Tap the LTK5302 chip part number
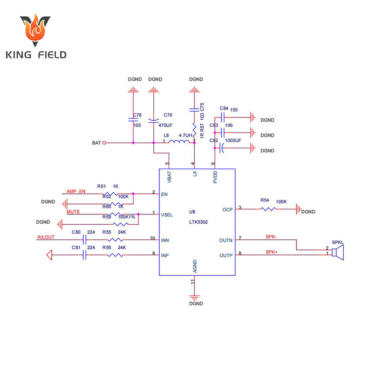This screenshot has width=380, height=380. coord(198,222)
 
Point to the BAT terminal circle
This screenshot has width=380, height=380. coord(104,143)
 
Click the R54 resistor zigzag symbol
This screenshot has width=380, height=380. coord(270,209)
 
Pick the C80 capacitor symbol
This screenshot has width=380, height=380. coord(84,240)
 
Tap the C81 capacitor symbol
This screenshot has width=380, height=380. coord(84,255)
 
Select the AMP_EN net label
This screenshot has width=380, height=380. coord(76,191)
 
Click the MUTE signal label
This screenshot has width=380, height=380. coord(73,212)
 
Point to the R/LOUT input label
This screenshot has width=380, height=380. coord(46,237)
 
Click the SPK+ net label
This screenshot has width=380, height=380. coord(271,252)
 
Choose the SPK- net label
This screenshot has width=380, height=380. coord(271,237)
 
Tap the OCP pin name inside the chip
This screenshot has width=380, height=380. coord(227,209)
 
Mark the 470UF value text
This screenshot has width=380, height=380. coord(165,125)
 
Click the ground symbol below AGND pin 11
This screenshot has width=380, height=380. coord(194,297)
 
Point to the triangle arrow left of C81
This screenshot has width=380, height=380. coord(49,255)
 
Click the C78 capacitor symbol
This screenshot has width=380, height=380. coord(133,119)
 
